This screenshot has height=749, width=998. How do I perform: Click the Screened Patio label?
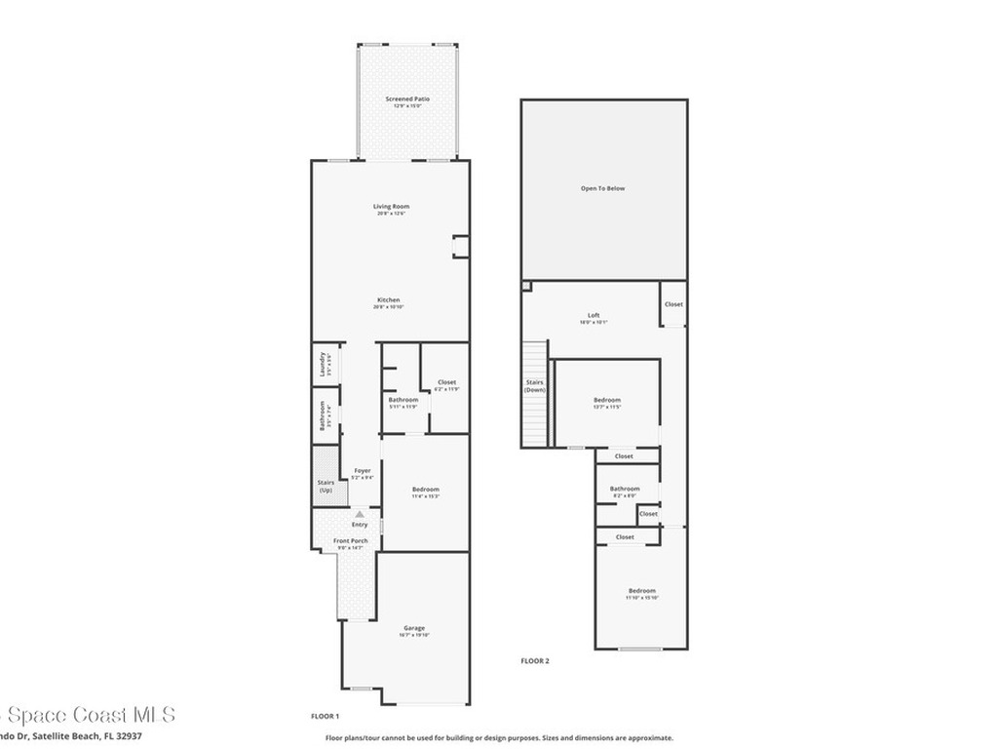(407, 99)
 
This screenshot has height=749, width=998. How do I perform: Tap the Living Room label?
(391, 206)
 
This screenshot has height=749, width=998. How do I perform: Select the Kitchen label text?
(389, 299)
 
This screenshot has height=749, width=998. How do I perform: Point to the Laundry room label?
(323, 364)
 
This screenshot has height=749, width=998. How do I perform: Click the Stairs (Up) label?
(326, 486)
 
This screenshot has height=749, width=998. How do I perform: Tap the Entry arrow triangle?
(360, 513)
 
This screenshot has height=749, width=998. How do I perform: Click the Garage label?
(414, 628)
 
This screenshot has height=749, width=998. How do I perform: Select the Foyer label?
(362, 470)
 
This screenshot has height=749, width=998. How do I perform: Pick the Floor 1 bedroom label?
(425, 489)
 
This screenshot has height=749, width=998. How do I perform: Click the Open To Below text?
(603, 188)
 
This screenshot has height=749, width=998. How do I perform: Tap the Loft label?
(594, 316)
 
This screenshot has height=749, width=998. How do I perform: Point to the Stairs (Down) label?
(535, 386)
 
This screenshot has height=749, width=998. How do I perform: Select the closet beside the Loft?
(673, 304)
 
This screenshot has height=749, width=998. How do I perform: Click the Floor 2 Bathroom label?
(625, 489)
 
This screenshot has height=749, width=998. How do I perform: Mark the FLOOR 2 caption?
(535, 661)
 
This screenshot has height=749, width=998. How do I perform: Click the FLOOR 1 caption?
(325, 716)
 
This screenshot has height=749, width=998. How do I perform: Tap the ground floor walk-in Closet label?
(446, 382)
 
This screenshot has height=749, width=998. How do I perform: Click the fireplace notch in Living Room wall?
(459, 247)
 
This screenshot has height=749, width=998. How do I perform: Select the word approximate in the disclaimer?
(650, 738)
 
